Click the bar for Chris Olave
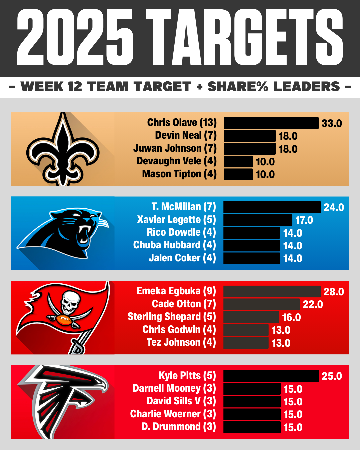click(271, 123)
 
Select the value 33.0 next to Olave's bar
click(332, 123)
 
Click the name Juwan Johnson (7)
click(175, 148)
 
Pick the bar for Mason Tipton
click(238, 174)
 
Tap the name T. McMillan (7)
click(184, 207)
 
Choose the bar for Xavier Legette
click(258, 220)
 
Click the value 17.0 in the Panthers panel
click(304, 220)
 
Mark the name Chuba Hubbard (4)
click(175, 245)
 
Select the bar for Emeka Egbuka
click(272, 292)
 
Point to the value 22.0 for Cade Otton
click(313, 304)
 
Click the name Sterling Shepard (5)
click(172, 317)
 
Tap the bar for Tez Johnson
click(246, 343)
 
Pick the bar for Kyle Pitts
click(271, 376)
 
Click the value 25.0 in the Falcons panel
click(332, 376)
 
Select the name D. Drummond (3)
click(179, 427)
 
